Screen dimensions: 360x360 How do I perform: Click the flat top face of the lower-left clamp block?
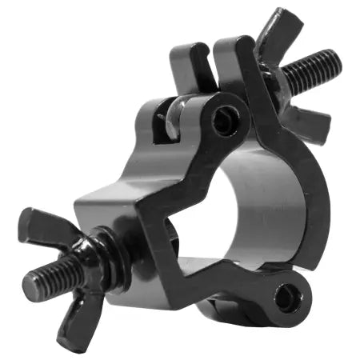click(x=120, y=192)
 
